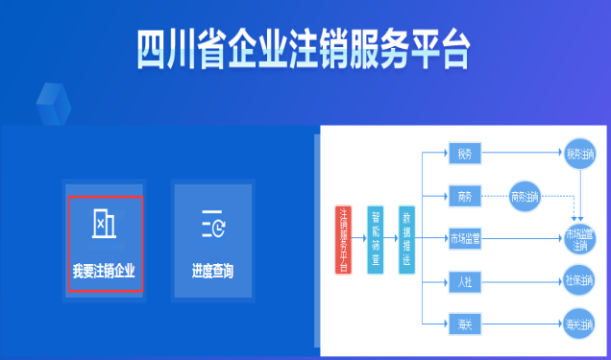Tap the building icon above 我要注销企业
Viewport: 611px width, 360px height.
tap(104, 224)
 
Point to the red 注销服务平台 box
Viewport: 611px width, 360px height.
tap(343, 240)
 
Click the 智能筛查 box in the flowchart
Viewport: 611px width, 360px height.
tap(376, 240)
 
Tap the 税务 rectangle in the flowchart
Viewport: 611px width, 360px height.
tap(465, 155)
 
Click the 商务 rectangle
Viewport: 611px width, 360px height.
tap(465, 197)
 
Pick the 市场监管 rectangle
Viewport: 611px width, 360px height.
tap(465, 239)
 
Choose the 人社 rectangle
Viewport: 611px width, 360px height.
tap(465, 281)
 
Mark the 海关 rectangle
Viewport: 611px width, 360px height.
tap(465, 323)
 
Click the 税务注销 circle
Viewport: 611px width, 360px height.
tap(580, 154)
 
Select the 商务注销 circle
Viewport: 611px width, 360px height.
tap(525, 197)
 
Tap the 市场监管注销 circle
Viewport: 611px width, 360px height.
tap(580, 239)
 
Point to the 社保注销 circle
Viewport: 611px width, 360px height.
tap(580, 281)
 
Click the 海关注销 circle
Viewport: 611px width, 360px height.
tap(580, 323)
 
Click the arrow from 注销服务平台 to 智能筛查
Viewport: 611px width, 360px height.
tap(357, 240)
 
